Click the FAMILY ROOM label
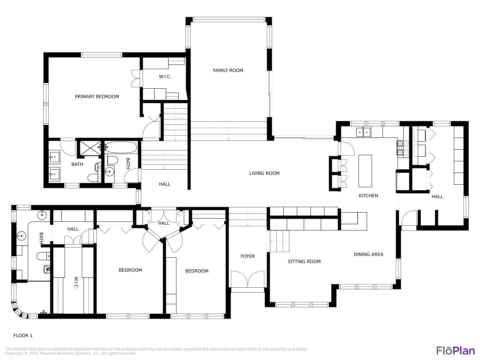(x=228, y=70)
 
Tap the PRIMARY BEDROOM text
(x=97, y=97)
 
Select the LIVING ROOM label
(x=264, y=173)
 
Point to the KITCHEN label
(x=368, y=196)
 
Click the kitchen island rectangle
(x=365, y=171)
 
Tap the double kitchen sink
(x=363, y=132)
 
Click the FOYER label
(x=248, y=256)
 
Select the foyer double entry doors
(x=248, y=279)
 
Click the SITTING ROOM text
(x=304, y=261)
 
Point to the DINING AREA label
(x=368, y=254)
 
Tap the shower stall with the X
(x=90, y=148)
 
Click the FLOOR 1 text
(x=23, y=336)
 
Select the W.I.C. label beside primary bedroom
(x=165, y=77)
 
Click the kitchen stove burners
(x=403, y=148)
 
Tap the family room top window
(x=229, y=20)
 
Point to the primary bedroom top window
(x=101, y=55)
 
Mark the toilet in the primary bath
(x=93, y=178)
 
